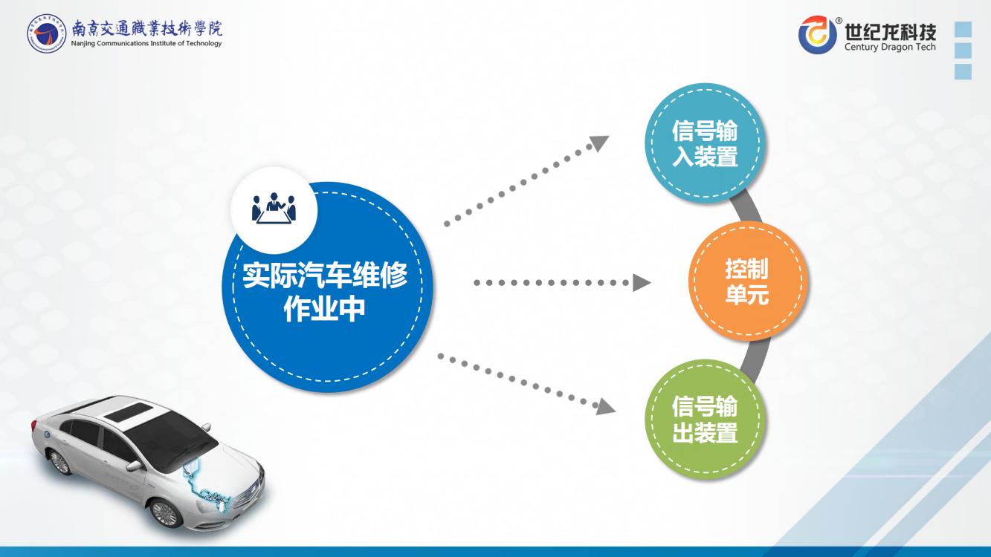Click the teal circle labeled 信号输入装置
click(x=705, y=143)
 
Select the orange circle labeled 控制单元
click(x=748, y=281)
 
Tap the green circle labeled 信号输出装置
click(x=705, y=419)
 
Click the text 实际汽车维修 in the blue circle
click(x=325, y=275)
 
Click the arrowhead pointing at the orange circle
click(x=641, y=282)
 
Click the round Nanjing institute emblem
click(x=46, y=33)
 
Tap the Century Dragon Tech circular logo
click(x=817, y=35)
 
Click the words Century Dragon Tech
click(x=890, y=47)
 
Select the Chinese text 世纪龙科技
click(x=890, y=31)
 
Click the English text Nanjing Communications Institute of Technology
click(x=146, y=43)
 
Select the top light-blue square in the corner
click(x=963, y=29)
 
